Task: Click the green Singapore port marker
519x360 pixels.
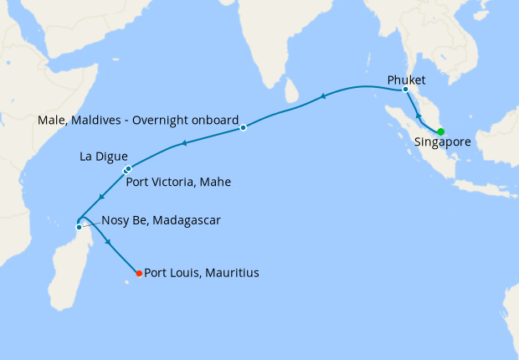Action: [440, 131]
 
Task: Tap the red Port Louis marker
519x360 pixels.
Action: [138, 273]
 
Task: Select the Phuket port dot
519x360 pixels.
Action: [405, 89]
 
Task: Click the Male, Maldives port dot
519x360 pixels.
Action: [243, 127]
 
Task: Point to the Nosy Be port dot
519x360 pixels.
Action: [79, 227]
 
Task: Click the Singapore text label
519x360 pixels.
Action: [442, 143]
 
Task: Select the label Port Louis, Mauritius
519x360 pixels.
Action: [202, 273]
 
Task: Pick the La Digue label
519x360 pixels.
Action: [103, 156]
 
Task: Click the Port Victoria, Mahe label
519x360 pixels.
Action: [178, 182]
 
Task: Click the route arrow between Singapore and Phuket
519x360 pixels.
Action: [418, 116]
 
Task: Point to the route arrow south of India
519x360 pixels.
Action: [323, 99]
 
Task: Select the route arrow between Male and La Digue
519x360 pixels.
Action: [183, 144]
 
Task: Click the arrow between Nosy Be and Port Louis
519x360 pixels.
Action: [108, 242]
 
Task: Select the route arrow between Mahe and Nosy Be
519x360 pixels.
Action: [101, 197]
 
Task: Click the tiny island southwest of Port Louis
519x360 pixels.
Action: [128, 282]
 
